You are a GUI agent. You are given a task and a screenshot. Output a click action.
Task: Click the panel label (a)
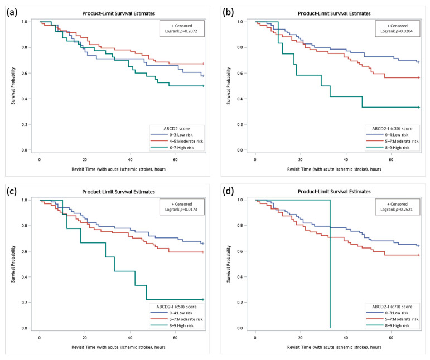coord(12,12)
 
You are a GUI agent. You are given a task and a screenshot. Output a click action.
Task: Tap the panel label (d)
coord(228,191)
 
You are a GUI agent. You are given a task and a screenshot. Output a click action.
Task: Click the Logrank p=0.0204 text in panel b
coord(397,31)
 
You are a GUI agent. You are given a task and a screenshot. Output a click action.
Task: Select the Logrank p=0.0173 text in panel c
coord(181,210)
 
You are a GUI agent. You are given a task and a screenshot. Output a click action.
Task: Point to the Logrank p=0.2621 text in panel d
coord(397,210)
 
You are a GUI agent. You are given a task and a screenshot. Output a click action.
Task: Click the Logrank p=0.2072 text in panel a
coord(181,31)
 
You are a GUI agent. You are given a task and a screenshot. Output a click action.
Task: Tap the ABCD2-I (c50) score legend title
coord(177,307)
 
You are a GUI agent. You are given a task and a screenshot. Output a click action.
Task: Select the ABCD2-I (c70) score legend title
coord(392,307)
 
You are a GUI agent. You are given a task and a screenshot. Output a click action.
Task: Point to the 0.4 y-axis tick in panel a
coord(25,99)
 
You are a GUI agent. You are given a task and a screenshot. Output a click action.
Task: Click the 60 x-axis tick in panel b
coord(391,160)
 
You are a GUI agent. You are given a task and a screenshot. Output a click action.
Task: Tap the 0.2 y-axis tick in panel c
coord(25,303)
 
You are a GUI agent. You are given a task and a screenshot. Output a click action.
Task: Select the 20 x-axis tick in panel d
coord(301,338)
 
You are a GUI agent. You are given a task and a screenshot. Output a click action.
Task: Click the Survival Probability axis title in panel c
coord(13,264)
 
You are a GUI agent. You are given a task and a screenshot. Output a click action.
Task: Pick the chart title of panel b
coord(334,13)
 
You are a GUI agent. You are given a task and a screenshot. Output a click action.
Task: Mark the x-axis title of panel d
coord(334,347)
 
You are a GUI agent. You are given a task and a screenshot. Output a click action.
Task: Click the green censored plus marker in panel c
coord(203,299)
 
